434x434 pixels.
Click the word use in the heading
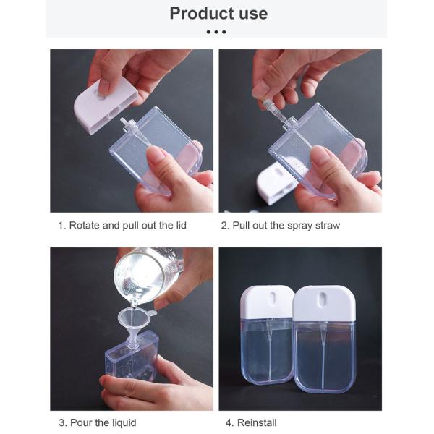[254, 14]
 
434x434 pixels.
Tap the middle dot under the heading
[216, 32]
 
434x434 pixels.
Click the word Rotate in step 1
[85, 225]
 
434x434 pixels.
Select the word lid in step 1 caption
[181, 225]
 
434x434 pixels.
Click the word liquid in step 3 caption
[124, 422]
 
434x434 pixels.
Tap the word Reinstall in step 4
[257, 422]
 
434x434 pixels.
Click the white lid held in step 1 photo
[106, 105]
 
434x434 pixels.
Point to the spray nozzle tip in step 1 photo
[123, 121]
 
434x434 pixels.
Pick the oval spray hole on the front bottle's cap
[322, 300]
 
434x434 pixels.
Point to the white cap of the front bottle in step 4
[324, 304]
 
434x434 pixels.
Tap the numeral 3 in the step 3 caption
[61, 423]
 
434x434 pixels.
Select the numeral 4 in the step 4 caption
[229, 423]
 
